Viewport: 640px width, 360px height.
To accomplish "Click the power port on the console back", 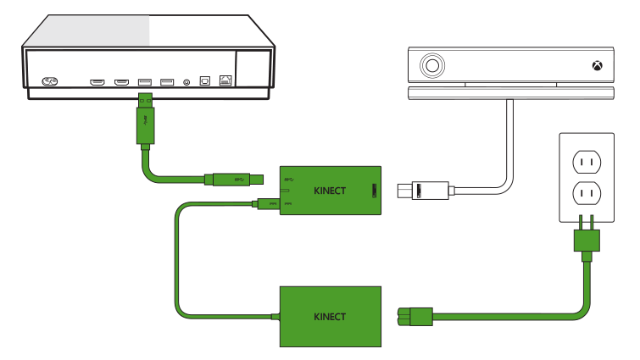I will point(50,82).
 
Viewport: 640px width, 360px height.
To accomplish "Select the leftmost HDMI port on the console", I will point(97,82).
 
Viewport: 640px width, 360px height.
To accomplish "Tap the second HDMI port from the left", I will point(121,82).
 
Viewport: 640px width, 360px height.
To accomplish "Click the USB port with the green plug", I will point(143,82).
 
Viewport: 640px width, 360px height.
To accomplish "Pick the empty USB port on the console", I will point(166,82).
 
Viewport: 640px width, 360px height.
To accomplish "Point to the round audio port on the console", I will point(186,82).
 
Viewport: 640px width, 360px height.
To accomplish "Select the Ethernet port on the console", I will point(225,81).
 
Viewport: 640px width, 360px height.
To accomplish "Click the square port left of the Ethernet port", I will point(204,82).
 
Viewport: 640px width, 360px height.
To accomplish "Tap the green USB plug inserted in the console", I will point(144,119).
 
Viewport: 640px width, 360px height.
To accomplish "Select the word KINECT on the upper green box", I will point(328,191).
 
